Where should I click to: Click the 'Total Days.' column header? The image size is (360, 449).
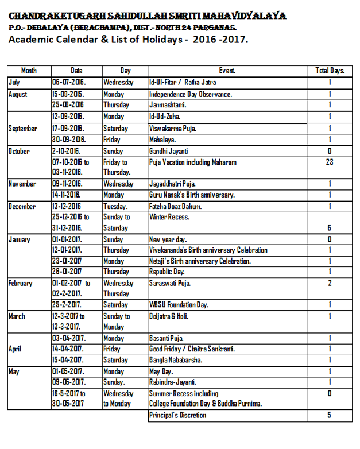pos(330,71)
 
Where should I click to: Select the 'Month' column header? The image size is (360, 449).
pos(29,71)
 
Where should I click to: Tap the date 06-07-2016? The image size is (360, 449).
pos(68,82)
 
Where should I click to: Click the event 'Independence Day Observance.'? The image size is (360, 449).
pos(190,94)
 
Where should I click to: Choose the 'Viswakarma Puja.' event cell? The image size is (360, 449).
pos(172,129)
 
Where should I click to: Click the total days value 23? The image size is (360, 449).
pos(330,162)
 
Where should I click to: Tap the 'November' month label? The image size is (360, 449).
pos(22,184)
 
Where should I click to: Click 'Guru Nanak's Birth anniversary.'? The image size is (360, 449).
pos(192,195)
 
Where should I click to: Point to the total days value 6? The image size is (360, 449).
pos(330,228)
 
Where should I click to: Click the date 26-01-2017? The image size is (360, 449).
pos(67,272)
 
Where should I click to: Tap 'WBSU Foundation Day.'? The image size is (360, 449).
pos(179,305)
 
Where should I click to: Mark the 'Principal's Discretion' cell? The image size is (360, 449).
pos(177,415)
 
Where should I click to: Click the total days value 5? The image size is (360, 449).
pos(330,415)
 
